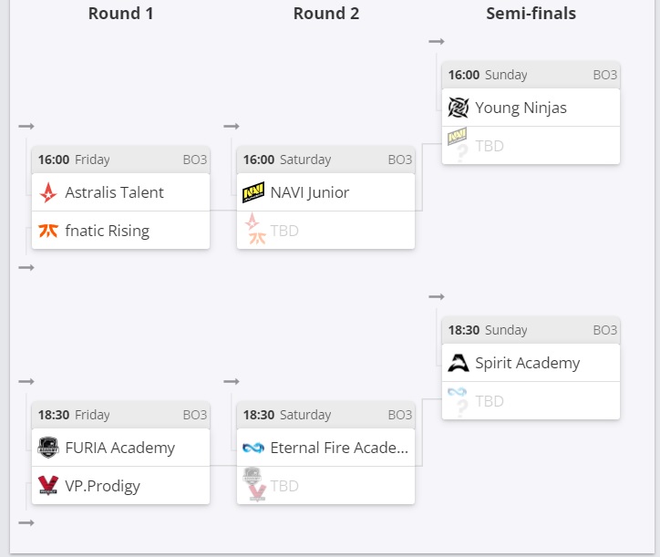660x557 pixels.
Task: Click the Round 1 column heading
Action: pyautogui.click(x=121, y=14)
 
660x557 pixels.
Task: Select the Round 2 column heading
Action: pyautogui.click(x=326, y=14)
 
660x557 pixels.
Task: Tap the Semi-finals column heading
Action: pyautogui.click(x=531, y=14)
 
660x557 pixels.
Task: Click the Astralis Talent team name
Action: pyautogui.click(x=114, y=192)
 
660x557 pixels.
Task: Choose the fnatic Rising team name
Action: pyautogui.click(x=107, y=231)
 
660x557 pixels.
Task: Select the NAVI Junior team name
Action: pyautogui.click(x=310, y=192)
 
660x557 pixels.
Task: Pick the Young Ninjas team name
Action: pyautogui.click(x=521, y=108)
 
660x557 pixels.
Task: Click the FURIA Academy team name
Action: pyautogui.click(x=119, y=448)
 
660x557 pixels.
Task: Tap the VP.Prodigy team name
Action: pyautogui.click(x=102, y=486)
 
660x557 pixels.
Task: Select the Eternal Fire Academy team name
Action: pyautogui.click(x=339, y=448)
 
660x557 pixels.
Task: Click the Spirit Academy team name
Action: pyautogui.click(x=527, y=363)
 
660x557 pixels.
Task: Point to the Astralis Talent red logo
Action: pyautogui.click(x=48, y=192)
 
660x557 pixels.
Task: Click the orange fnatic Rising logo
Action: pyautogui.click(x=48, y=231)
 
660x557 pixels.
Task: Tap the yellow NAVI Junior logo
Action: pyautogui.click(x=253, y=192)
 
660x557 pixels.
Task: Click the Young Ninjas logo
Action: pyautogui.click(x=459, y=108)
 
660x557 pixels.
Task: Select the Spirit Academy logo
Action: pyautogui.click(x=459, y=363)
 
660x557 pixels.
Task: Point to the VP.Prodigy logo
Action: pyautogui.click(x=48, y=486)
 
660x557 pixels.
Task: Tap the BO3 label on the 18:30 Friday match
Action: pyautogui.click(x=195, y=415)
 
